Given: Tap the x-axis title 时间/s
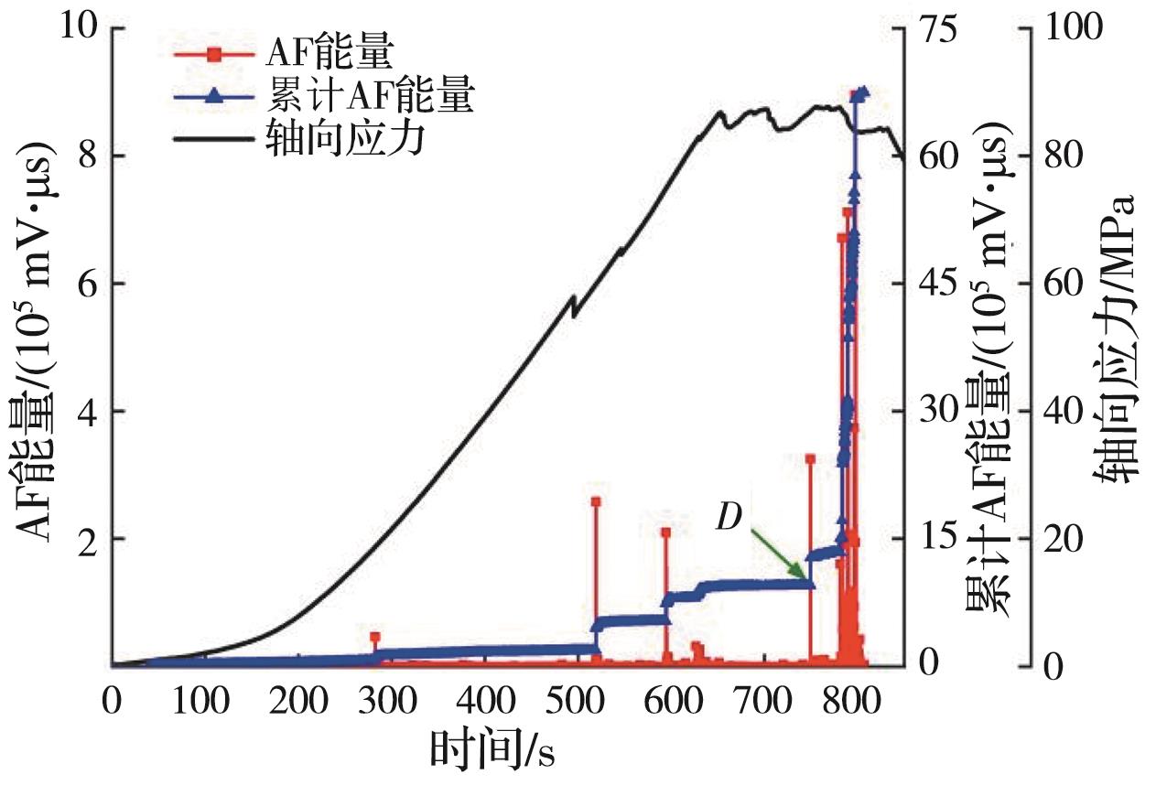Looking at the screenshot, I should click(493, 751).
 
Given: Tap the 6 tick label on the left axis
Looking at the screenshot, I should click(85, 284).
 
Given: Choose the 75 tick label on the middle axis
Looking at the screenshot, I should click(943, 28).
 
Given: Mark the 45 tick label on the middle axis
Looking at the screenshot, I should click(943, 284).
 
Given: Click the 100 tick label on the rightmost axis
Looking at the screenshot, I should click(1066, 28).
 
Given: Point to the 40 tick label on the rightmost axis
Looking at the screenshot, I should click(1058, 411).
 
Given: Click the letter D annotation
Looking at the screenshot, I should click(729, 518).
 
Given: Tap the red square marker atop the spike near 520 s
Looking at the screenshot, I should click(596, 501).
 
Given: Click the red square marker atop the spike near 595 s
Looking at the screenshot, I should click(665, 532).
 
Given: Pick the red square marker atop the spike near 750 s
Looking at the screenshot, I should click(810, 458).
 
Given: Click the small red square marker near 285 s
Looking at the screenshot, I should click(374, 637).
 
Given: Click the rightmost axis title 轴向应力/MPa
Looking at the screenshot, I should click(1118, 339).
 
